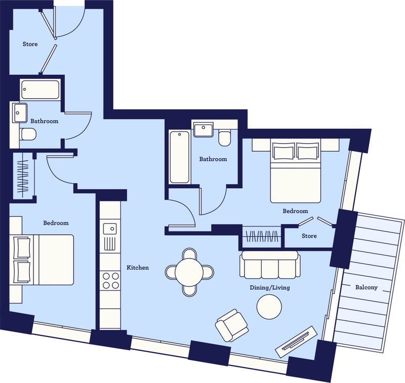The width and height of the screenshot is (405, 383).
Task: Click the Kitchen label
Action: tap(138, 268)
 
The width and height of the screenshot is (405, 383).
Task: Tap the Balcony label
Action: tap(366, 287)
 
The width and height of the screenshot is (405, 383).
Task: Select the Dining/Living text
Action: tap(270, 287)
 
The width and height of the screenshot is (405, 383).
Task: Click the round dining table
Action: tap(189, 272)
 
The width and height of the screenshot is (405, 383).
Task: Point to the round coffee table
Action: tap(269, 307)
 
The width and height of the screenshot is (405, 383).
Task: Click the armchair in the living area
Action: tap(232, 325)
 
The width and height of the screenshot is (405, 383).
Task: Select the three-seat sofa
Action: tap(270, 265)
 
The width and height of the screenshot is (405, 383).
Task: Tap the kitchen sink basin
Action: tap(110, 229)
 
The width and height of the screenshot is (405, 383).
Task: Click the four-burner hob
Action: tap(110, 280)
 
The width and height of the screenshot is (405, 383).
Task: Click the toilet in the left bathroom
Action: tap(28, 134)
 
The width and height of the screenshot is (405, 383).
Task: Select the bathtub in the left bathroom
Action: tap(40, 90)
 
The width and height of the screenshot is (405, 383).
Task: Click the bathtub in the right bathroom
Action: tap(180, 157)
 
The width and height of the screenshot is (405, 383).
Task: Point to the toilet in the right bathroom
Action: tap(224, 138)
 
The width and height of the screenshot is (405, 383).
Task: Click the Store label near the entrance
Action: tap(30, 44)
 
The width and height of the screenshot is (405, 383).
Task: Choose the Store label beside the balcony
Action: tap(309, 236)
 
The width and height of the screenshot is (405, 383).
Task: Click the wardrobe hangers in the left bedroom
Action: tap(22, 176)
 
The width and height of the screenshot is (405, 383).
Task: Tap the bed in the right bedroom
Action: tap(296, 171)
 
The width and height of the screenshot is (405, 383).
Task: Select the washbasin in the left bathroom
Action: tap(20, 113)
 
